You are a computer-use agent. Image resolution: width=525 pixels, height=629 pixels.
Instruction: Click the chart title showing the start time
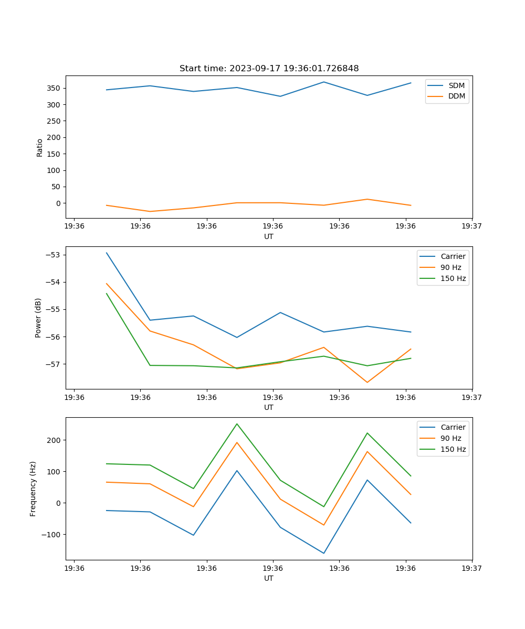coord(269,69)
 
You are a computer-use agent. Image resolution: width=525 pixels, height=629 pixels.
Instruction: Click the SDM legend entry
coord(456,85)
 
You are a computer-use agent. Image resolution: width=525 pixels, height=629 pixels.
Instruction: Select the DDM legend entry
coord(456,96)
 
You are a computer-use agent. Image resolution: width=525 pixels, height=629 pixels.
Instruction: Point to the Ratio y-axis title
coord(40,147)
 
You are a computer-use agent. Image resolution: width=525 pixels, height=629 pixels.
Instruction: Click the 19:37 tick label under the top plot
coord(471,226)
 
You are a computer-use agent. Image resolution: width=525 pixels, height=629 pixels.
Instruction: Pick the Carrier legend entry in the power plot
coord(453,256)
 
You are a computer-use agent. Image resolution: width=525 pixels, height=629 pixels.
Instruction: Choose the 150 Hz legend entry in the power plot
coord(453,278)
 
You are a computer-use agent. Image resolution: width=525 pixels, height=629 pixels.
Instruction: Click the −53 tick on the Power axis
coord(52,255)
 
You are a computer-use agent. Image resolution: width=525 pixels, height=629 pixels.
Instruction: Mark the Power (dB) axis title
coord(38,318)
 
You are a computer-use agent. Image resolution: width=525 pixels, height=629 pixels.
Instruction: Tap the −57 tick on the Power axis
coord(52,364)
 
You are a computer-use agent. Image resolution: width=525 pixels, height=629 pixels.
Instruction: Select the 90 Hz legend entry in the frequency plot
coord(450,438)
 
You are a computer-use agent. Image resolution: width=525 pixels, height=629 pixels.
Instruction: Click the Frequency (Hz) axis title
coord(33,489)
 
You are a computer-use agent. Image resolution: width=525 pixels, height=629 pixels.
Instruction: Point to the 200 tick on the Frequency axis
coord(54,440)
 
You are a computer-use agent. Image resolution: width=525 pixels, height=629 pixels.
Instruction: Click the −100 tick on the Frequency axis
coord(51,534)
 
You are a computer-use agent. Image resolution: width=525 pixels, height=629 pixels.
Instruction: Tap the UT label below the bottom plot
coord(269,578)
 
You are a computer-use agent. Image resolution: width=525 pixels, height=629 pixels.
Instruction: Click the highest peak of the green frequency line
coord(237,424)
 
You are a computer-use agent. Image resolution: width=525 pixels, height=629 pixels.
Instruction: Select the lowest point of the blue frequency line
coord(324,553)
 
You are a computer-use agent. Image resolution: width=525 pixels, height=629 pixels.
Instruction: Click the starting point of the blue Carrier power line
coord(107,253)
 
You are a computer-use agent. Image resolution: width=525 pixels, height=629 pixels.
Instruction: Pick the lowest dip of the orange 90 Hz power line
coord(367,382)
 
